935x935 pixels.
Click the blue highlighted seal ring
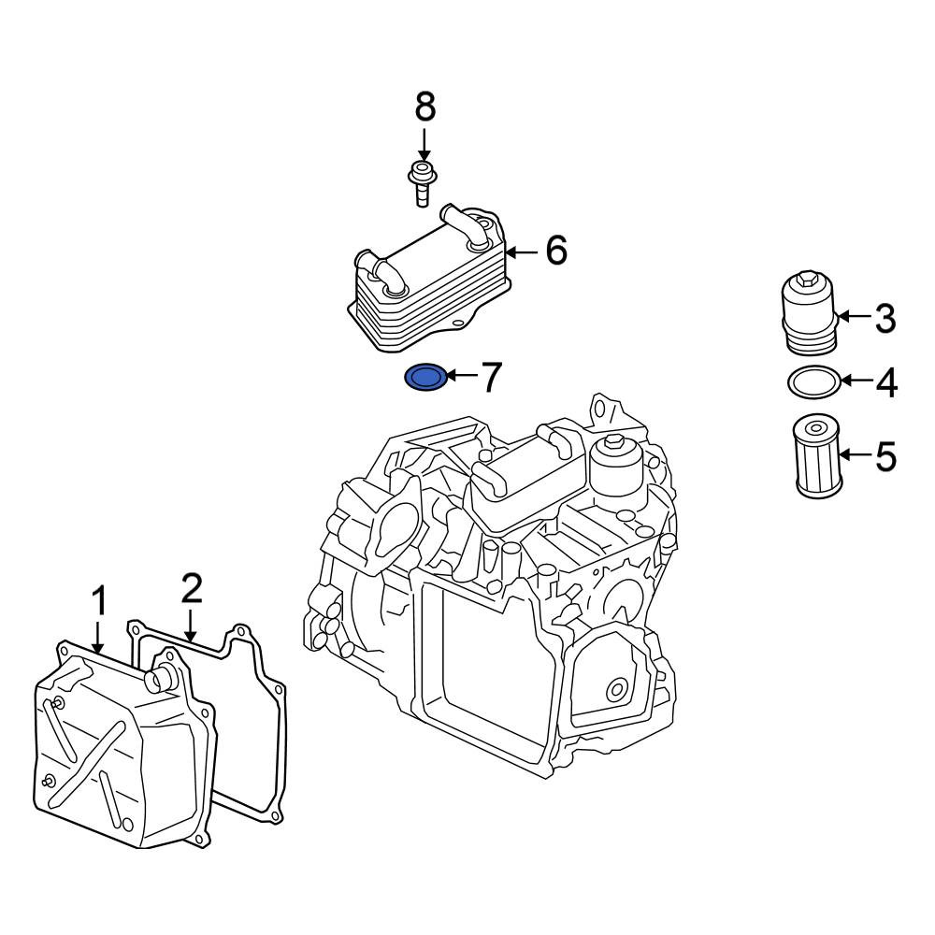[425, 378]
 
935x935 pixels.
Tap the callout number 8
[424, 108]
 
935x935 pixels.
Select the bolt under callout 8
[421, 182]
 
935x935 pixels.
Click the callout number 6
[556, 251]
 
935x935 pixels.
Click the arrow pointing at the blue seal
[462, 377]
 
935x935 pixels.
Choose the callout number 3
[885, 319]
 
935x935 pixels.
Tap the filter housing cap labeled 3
[808, 314]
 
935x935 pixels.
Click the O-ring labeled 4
[811, 381]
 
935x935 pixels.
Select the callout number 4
[885, 381]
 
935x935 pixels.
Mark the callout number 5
[885, 456]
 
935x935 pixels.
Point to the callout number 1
[99, 602]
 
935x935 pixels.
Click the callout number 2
[191, 588]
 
